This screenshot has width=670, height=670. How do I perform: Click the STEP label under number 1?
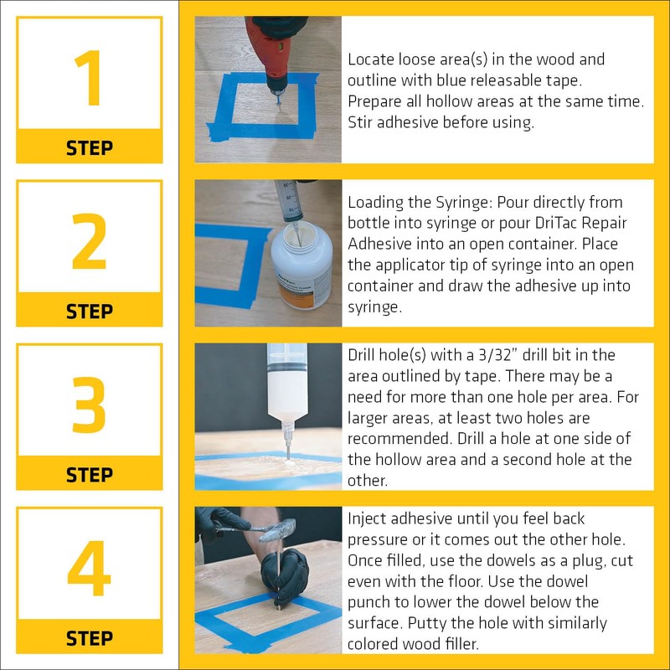click(x=89, y=148)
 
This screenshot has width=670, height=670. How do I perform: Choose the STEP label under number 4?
click(x=89, y=638)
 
